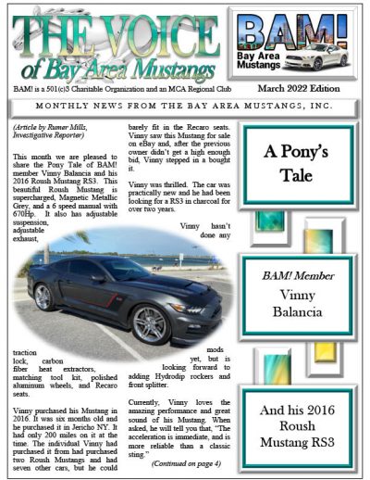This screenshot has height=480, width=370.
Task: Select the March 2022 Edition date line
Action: point(315,87)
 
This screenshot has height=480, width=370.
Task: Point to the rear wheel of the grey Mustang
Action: point(43,297)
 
